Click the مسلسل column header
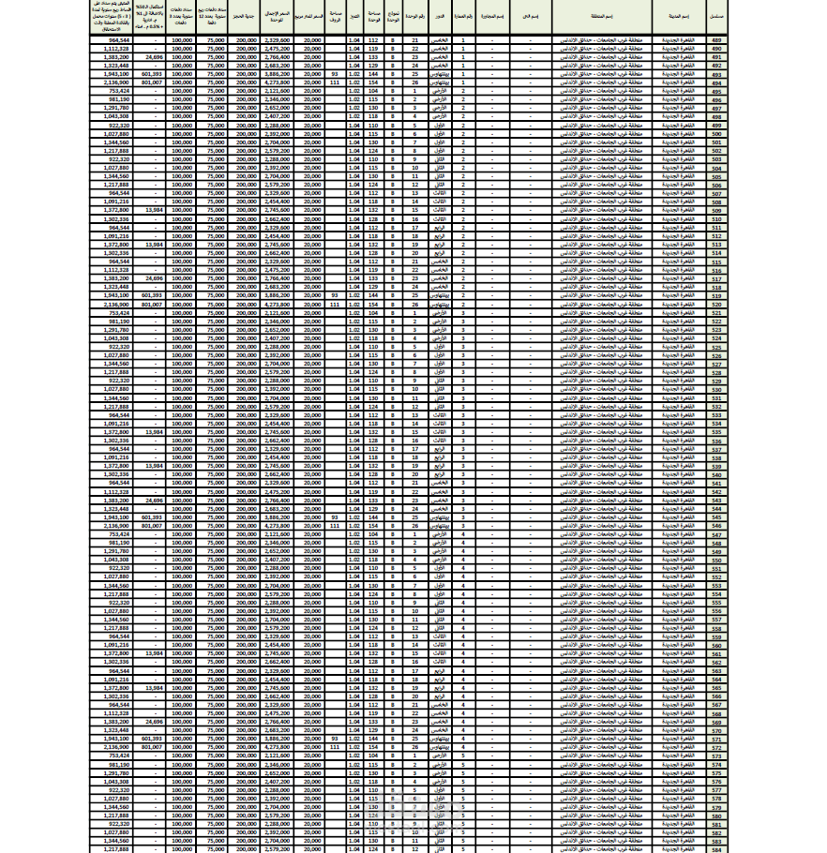point(717,17)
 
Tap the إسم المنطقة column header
point(603,17)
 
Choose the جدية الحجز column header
point(246,17)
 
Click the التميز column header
point(353,17)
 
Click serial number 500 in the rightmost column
point(717,134)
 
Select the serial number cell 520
point(717,304)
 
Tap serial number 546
point(717,526)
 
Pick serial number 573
point(717,756)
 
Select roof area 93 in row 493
point(335,74)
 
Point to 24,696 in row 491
point(154,57)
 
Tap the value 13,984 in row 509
point(154,210)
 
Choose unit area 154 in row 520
point(373,304)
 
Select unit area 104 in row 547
point(373,534)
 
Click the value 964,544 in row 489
point(119,40)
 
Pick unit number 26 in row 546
point(413,526)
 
